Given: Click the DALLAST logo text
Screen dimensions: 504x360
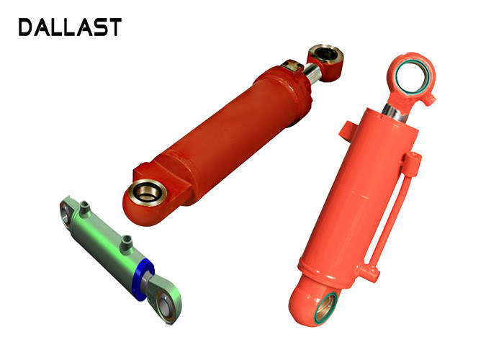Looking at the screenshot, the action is coord(70,27).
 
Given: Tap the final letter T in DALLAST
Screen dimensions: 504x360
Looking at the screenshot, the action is coord(115,27).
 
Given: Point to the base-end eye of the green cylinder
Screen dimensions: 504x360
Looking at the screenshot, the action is coord(66,213).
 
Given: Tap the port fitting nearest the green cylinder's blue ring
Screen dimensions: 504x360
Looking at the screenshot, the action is coord(126,244).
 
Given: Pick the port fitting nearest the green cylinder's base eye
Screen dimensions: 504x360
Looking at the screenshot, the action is coord(84,209).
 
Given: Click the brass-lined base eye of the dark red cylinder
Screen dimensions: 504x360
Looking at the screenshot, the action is coord(148,192).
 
